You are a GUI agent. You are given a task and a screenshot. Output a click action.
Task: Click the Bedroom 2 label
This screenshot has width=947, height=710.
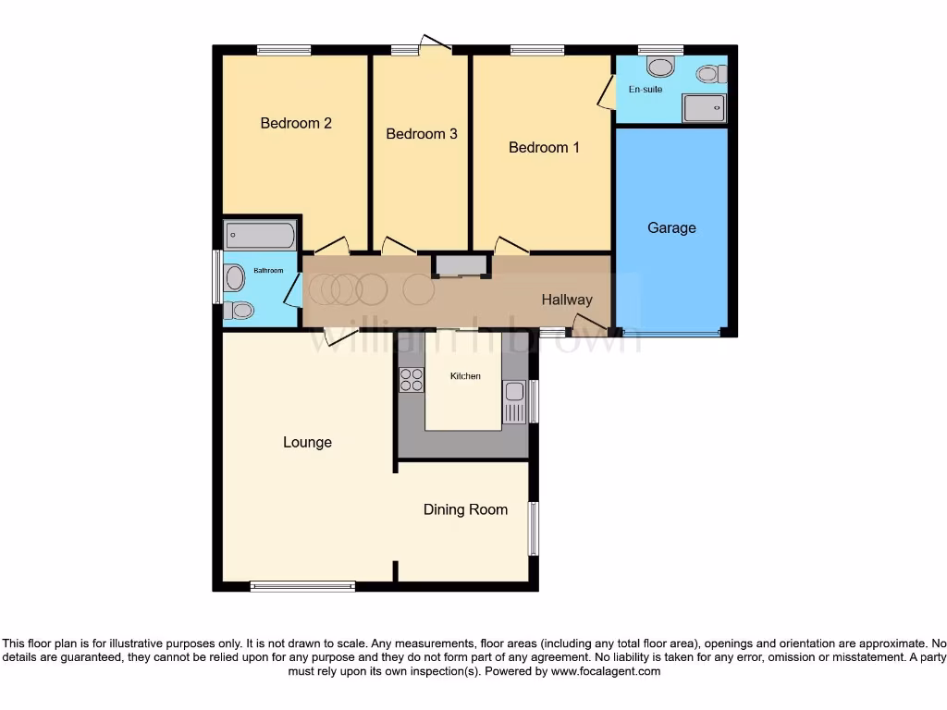[x=296, y=123]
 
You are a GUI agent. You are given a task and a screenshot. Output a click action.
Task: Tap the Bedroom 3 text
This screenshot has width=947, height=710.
[x=422, y=134]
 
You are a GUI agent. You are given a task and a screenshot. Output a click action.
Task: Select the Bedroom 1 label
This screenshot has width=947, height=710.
[x=545, y=147]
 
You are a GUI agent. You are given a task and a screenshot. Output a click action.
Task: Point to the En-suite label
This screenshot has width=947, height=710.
[x=646, y=90]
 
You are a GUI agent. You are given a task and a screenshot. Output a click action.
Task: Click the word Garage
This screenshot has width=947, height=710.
[x=671, y=227]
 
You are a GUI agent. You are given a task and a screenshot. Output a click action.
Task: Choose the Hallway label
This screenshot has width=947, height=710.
[x=567, y=300]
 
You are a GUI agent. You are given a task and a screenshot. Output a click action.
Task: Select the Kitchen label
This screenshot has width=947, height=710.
[x=465, y=376]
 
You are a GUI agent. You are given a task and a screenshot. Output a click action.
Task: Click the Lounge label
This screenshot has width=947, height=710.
[x=307, y=442]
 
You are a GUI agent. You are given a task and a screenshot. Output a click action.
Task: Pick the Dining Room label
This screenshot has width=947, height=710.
[x=465, y=509]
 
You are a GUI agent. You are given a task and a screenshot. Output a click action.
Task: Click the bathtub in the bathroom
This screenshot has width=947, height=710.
[x=260, y=235]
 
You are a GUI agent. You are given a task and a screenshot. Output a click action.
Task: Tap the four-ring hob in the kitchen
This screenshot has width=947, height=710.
[x=411, y=380]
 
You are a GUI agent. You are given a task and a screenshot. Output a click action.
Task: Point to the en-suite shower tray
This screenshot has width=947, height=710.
[x=704, y=108]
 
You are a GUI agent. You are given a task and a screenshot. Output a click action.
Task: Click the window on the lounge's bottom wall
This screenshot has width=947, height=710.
[x=302, y=585]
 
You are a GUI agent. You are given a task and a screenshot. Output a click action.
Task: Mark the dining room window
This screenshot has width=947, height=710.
[x=533, y=528]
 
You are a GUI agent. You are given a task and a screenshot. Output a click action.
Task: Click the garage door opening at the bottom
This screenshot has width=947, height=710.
[x=671, y=332]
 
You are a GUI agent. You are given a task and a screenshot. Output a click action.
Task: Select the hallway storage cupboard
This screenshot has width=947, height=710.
[x=460, y=266]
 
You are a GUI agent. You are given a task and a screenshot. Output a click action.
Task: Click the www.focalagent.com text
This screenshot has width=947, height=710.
[x=605, y=671]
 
